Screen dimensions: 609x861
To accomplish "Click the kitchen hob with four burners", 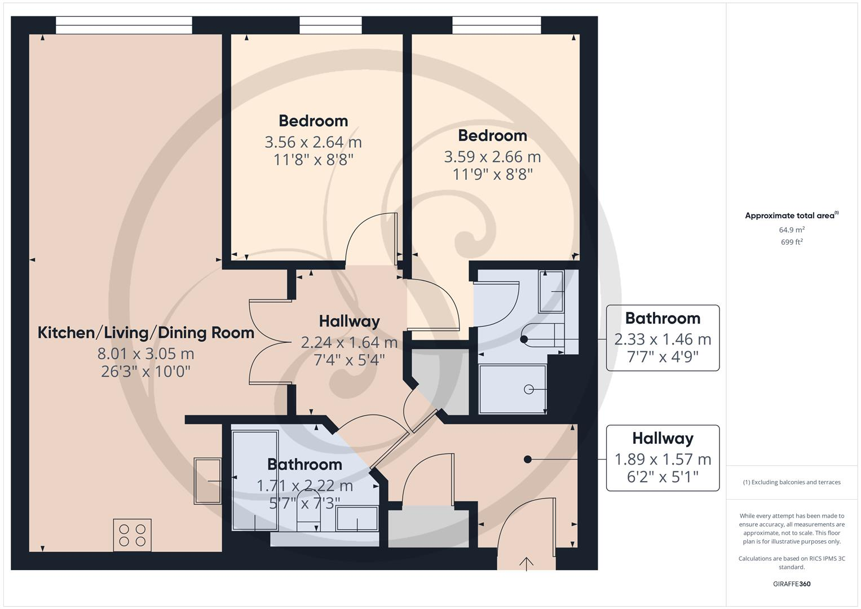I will (x=133, y=535).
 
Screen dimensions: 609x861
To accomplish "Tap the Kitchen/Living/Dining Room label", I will (x=146, y=333).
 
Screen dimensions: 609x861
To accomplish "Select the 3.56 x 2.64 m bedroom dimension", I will (x=313, y=142).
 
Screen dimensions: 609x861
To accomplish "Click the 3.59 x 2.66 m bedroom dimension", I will (x=492, y=157).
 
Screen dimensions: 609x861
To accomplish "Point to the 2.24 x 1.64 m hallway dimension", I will (x=349, y=342).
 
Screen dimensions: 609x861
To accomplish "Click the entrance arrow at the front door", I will (x=527, y=563).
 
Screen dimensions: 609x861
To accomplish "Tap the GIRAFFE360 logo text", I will (x=791, y=584).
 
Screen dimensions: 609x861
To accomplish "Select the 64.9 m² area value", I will (x=791, y=230).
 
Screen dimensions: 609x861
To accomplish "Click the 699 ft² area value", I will (x=791, y=242).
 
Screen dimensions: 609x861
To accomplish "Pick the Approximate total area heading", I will (x=791, y=215).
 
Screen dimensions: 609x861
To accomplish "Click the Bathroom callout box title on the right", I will (x=663, y=319).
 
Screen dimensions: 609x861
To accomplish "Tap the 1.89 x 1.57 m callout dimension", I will (x=663, y=460).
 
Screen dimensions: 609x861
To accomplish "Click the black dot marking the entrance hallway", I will (x=528, y=460).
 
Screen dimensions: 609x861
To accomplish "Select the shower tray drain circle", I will (x=529, y=389).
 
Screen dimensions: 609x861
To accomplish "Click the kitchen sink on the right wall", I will (x=207, y=481).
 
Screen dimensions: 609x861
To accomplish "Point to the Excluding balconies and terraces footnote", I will (x=791, y=482).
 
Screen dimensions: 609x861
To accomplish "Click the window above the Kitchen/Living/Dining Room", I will (x=124, y=25).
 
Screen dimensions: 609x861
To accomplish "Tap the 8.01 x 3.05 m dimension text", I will (x=146, y=354).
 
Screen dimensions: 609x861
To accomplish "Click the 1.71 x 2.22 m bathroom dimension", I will (x=304, y=486).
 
